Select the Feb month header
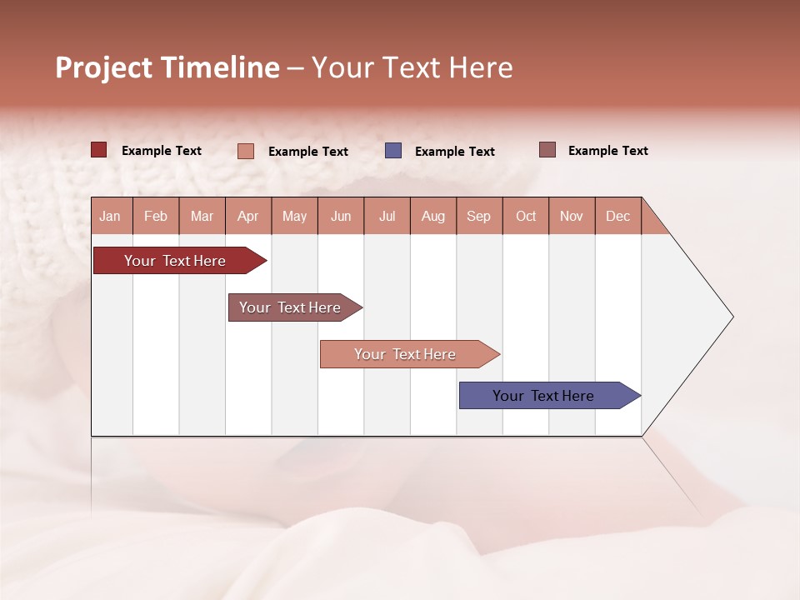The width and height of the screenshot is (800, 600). (x=156, y=216)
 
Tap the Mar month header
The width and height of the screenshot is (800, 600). (x=202, y=216)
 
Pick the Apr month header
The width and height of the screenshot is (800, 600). (x=248, y=216)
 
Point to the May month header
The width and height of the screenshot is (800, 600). (x=294, y=216)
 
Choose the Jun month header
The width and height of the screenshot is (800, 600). (x=341, y=216)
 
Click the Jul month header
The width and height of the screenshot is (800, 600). (x=387, y=216)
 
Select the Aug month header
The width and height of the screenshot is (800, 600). (x=433, y=216)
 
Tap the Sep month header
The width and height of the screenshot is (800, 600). (x=479, y=216)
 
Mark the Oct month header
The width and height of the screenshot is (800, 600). (x=526, y=216)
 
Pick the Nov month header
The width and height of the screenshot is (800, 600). (x=572, y=216)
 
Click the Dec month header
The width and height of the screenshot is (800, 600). (x=618, y=216)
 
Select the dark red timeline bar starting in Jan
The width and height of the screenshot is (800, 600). (x=175, y=261)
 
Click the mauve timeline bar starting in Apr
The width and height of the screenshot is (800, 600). (x=290, y=307)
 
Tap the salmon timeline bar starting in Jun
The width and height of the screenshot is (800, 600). (x=405, y=354)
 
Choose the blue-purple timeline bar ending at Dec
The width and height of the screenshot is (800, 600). (x=543, y=396)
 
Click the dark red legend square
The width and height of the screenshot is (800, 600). (x=99, y=150)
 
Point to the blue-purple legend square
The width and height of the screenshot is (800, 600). (x=393, y=150)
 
